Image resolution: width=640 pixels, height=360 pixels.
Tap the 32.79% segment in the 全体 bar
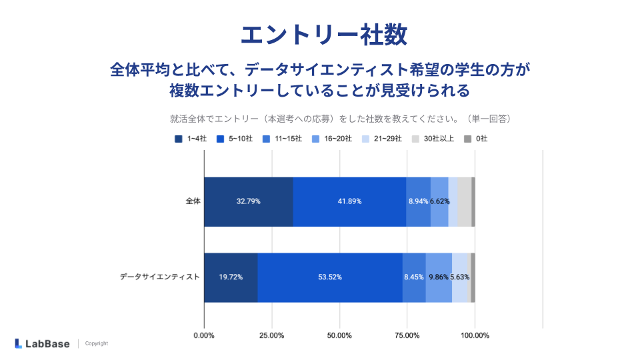tap(248, 201)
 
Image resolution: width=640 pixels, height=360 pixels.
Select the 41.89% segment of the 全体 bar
tap(349, 201)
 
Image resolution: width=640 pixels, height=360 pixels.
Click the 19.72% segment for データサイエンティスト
tap(231, 277)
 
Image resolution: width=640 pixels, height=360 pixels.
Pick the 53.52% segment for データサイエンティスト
tap(329, 277)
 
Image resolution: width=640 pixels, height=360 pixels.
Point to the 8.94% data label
tap(418, 201)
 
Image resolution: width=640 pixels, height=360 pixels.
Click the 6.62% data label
tap(439, 201)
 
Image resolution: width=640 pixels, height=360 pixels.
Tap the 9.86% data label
tap(439, 277)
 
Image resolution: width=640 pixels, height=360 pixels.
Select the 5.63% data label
tap(461, 277)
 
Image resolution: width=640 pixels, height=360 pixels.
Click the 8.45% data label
tap(414, 277)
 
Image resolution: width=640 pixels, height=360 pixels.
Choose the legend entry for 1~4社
tap(192, 139)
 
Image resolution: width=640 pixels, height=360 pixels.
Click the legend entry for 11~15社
tap(282, 139)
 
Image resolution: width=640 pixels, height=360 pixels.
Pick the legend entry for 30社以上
tap(433, 139)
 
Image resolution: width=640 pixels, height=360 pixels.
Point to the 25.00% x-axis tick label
tap(271, 335)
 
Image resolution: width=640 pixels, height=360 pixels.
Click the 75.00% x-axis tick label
tap(407, 335)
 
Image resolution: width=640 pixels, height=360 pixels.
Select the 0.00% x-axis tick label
tap(204, 335)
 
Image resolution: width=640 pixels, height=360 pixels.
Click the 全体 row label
tap(193, 201)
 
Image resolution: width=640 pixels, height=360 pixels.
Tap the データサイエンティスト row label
tap(159, 277)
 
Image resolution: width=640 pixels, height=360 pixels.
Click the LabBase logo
tap(41, 343)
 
